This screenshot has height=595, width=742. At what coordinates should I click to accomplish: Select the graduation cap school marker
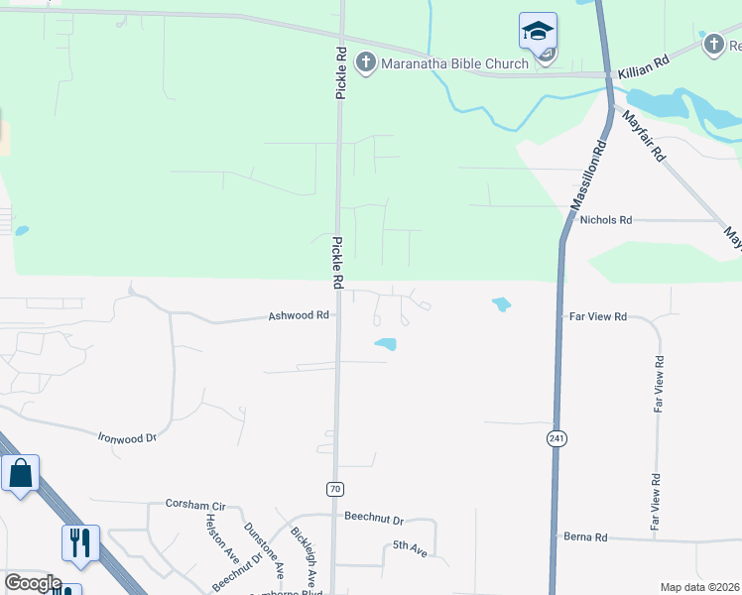tap(538, 32)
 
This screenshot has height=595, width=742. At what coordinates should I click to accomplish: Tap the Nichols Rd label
tap(606, 220)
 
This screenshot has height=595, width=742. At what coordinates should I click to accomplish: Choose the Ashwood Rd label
tap(299, 316)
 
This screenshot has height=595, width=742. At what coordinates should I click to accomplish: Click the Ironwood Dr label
tap(127, 436)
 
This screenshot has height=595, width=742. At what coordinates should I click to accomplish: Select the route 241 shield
tap(556, 437)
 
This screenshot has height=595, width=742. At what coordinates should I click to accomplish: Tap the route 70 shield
tap(335, 488)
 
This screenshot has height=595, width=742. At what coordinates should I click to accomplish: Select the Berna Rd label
tap(586, 536)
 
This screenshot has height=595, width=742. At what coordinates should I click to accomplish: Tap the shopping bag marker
tap(20, 475)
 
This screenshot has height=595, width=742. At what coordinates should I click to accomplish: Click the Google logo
tap(32, 583)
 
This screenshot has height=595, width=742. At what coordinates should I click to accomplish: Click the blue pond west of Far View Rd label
tap(501, 304)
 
